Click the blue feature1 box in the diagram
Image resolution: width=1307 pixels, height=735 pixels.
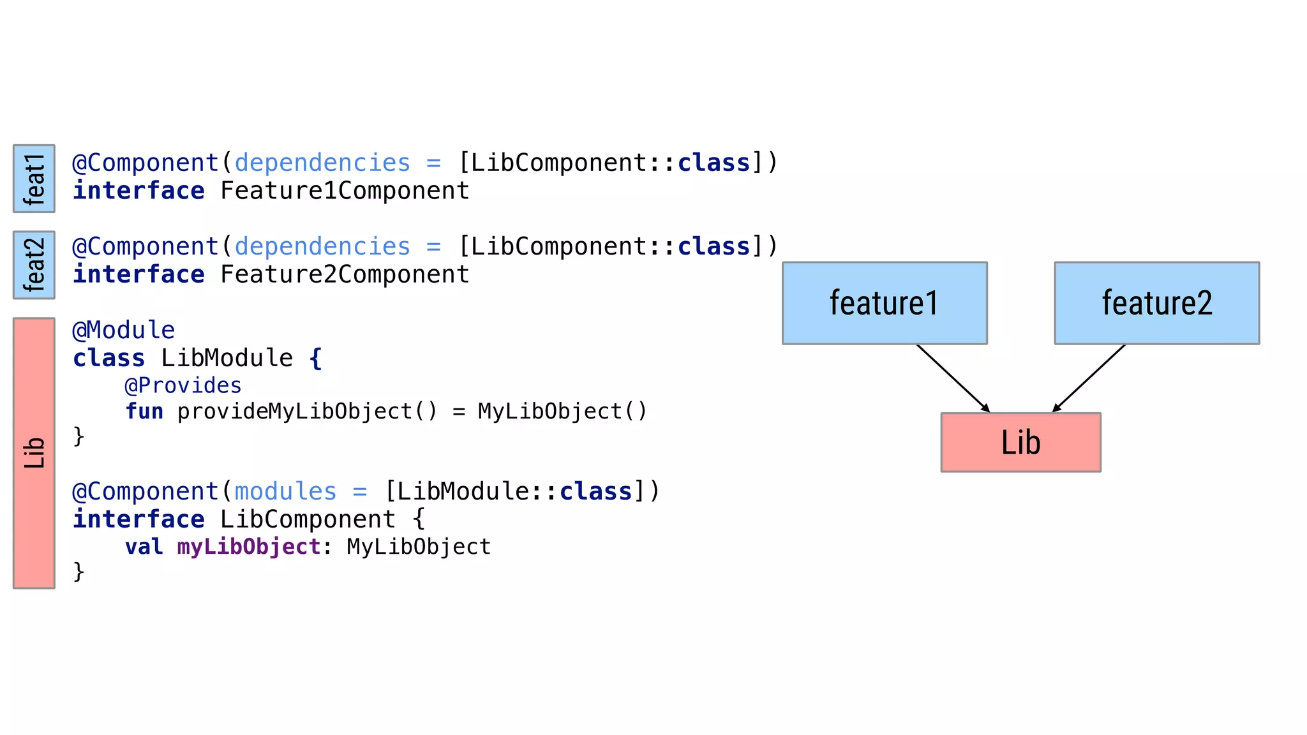885,303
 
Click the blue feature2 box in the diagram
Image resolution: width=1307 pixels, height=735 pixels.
1156,303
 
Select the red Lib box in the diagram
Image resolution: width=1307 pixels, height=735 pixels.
1020,442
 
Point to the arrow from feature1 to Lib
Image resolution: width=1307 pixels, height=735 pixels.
953,378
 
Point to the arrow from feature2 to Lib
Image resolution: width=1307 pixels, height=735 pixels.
1089,378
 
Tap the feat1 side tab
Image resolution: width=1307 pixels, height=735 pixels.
34,179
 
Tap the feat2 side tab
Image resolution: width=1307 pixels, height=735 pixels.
34,265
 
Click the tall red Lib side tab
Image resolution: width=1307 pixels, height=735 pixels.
34,453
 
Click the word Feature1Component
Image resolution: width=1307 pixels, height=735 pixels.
345,191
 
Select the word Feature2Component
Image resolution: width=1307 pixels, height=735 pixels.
345,274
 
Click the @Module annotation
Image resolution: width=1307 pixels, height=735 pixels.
124,330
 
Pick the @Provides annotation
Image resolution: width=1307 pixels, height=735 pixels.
183,385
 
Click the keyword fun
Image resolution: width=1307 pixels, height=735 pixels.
144,412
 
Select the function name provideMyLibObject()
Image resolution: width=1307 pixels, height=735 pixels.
307,412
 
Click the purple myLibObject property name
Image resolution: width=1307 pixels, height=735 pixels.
249,547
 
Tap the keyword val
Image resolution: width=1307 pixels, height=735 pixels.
144,547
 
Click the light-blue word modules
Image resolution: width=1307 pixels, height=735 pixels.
285,491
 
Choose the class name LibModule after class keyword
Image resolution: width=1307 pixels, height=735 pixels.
227,358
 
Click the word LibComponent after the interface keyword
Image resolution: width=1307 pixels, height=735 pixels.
308,519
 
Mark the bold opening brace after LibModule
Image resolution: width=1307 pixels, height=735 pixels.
315,358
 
